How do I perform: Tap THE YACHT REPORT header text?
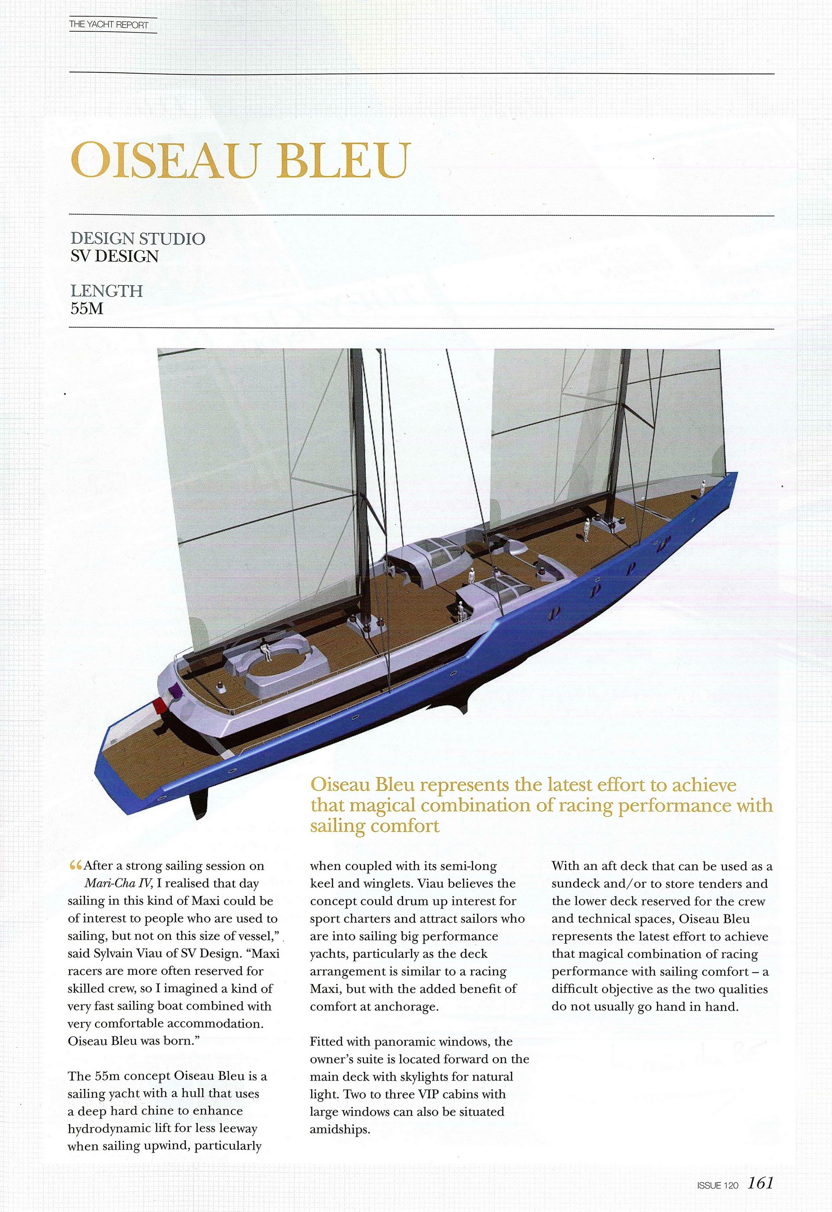point(109,25)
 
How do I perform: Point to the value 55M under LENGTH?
point(87,309)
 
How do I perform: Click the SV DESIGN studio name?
point(114,256)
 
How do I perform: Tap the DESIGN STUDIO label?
point(138,239)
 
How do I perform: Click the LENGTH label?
point(106,291)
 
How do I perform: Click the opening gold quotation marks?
point(75,866)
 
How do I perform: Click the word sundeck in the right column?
point(580,884)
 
